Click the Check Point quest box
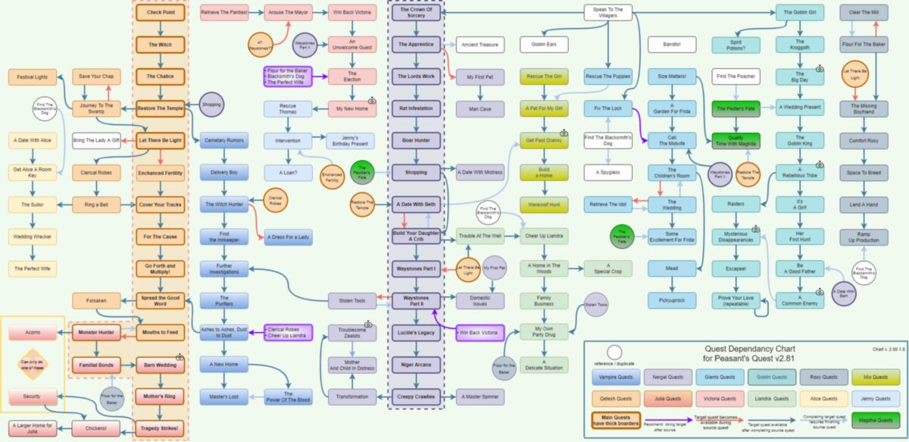(x=160, y=13)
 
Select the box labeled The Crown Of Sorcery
(x=415, y=13)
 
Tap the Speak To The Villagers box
(x=608, y=13)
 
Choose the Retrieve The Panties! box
(x=224, y=13)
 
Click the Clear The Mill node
(x=863, y=13)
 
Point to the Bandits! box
(x=671, y=45)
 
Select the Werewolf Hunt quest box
(x=543, y=205)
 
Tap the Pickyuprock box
(x=671, y=300)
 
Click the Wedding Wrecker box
(x=33, y=237)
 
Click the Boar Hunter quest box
(x=415, y=140)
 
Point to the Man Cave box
(x=479, y=108)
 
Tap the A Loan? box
(x=288, y=173)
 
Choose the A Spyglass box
(x=608, y=172)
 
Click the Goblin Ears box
(x=543, y=45)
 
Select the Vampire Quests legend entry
(x=616, y=377)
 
